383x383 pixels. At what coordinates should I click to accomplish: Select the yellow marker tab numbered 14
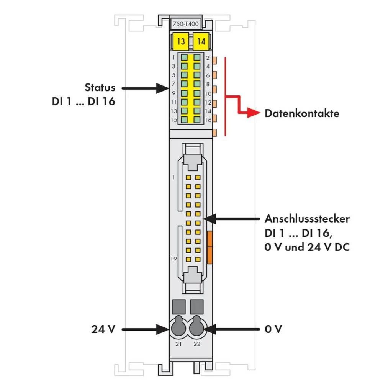click(x=201, y=41)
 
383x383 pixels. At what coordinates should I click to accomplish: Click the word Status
click(x=100, y=88)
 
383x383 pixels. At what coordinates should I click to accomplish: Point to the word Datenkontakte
click(x=302, y=113)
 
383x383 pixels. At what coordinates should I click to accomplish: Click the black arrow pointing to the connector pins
click(x=230, y=219)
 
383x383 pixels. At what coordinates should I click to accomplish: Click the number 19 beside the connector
click(x=173, y=259)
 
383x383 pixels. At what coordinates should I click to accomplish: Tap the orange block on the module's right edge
click(x=210, y=247)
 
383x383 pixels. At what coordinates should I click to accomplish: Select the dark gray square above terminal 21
click(x=179, y=306)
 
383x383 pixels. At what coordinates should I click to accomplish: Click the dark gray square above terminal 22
click(x=197, y=306)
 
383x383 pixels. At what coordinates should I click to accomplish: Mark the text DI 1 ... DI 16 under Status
click(x=83, y=102)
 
